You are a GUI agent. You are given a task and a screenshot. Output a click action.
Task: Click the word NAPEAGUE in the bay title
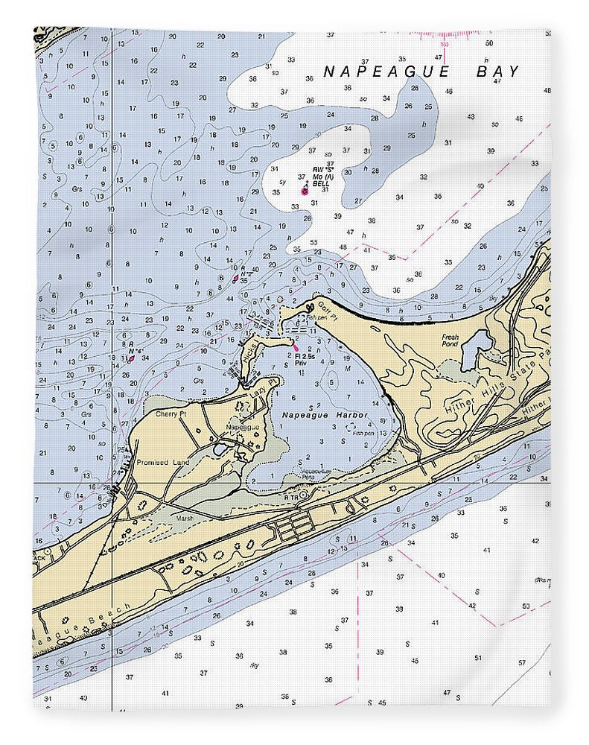(x=386, y=72)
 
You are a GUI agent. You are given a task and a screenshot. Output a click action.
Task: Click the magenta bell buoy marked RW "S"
(x=304, y=191)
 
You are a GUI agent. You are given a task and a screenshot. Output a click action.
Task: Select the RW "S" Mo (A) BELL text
(x=321, y=176)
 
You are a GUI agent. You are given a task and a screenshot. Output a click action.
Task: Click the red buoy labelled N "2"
(x=235, y=279)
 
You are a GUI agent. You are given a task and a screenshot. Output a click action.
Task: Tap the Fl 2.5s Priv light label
(x=306, y=361)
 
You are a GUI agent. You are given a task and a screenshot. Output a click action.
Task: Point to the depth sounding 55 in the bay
(x=314, y=243)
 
